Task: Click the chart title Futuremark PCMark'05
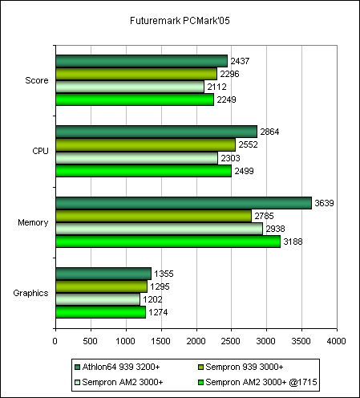click(180, 21)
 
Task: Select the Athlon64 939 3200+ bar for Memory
click(184, 203)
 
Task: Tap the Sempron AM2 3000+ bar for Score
click(130, 87)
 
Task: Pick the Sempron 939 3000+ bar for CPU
click(146, 144)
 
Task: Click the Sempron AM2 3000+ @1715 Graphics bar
click(101, 312)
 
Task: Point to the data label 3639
click(324, 203)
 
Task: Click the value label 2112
click(217, 87)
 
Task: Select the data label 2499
click(244, 171)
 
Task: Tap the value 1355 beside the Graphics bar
click(164, 274)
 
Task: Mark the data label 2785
click(264, 216)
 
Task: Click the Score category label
click(37, 80)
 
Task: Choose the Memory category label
click(33, 222)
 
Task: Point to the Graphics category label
click(30, 293)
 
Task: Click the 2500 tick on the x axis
click(231, 341)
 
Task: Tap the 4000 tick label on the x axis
click(337, 341)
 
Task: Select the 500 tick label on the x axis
click(90, 341)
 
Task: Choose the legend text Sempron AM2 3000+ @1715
click(261, 382)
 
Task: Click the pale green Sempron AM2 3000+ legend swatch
click(78, 382)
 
